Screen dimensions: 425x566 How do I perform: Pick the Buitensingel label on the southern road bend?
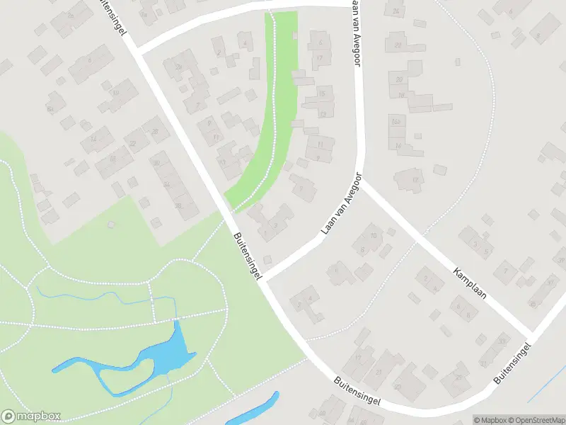click(358, 391)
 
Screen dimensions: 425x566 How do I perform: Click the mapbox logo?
click(32, 416)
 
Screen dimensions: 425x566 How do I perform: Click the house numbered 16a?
click(397, 123)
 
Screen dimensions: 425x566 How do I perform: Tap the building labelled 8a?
click(49, 108)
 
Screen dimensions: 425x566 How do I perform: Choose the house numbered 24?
click(395, 12)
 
